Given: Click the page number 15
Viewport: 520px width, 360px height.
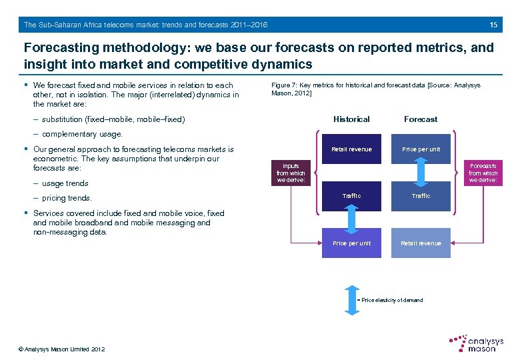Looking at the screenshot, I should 493,25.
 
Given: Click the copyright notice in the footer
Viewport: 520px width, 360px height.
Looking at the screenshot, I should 62,349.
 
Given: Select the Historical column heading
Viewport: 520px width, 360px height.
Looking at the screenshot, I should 351,119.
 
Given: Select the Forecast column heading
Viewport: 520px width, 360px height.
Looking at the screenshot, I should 421,119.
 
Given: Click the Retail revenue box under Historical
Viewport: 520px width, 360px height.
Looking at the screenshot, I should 351,149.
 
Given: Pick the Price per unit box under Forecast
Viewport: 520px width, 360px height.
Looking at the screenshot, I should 421,149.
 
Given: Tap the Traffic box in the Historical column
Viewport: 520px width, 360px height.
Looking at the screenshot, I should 351,196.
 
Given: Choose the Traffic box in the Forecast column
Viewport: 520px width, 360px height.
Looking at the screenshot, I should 421,196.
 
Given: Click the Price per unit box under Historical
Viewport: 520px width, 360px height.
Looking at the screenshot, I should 351,243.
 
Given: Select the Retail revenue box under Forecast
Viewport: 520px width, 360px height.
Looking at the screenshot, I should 421,243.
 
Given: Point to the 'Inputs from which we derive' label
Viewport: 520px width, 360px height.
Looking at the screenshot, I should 291,173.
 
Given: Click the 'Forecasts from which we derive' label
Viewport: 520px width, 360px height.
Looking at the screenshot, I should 483,173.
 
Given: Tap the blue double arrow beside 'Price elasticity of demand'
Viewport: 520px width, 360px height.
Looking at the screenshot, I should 351,300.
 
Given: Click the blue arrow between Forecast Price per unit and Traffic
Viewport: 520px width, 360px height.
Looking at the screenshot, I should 421,173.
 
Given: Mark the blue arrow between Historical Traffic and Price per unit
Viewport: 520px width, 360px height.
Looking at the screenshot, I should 351,219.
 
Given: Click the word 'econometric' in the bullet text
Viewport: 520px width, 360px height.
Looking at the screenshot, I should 55,159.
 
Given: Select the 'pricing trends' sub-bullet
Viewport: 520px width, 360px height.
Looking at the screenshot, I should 67,198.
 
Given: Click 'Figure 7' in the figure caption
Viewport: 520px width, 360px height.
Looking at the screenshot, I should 283,85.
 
